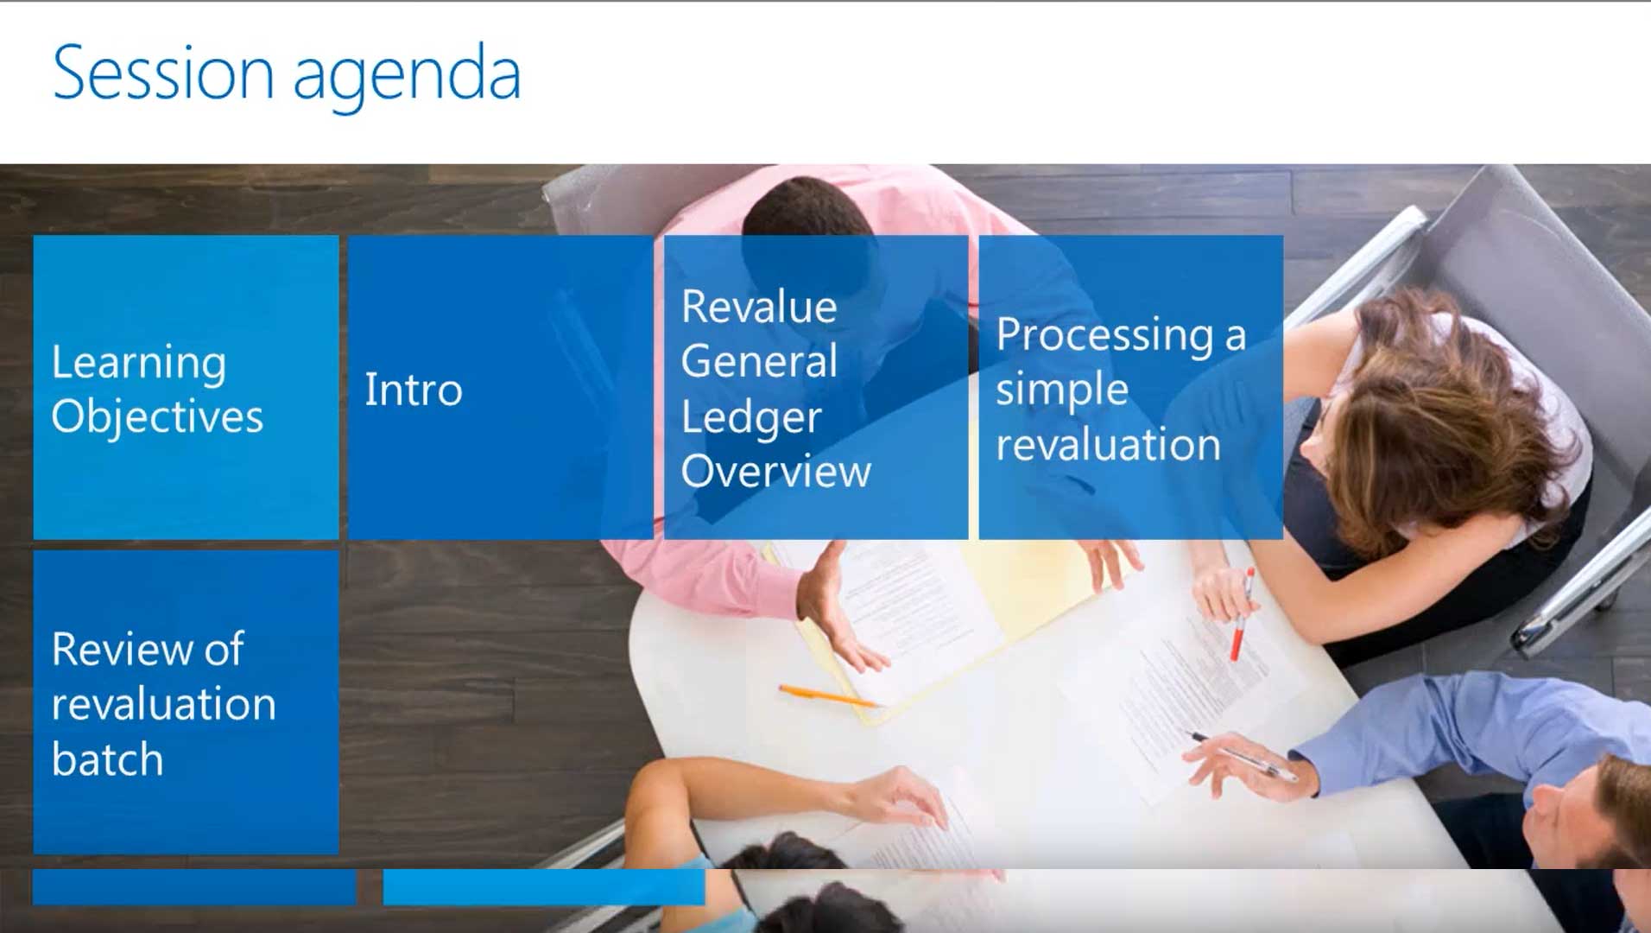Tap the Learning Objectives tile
[186, 387]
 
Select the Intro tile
[501, 387]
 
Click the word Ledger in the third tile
[751, 419]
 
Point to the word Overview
[776, 472]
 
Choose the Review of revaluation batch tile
[186, 702]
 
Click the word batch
[107, 759]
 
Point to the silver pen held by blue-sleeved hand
[1243, 754]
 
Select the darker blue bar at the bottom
[194, 887]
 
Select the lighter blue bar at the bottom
[544, 887]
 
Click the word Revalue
[759, 308]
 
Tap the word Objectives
[157, 418]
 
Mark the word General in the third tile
[759, 361]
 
